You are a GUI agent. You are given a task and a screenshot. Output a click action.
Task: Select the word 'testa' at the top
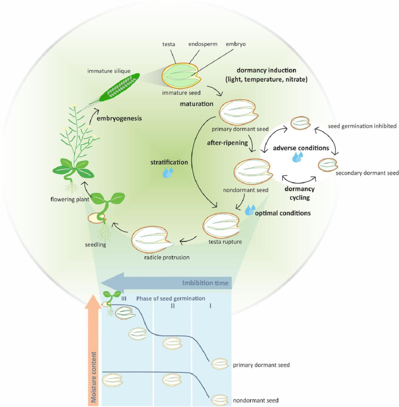(x=168, y=44)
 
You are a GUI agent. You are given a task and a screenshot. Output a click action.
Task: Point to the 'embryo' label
(x=236, y=44)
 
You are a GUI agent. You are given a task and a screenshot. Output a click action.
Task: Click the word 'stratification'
(x=169, y=162)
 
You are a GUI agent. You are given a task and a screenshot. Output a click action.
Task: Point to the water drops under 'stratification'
(x=168, y=173)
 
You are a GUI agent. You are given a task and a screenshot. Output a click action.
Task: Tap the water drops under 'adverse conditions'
(x=298, y=157)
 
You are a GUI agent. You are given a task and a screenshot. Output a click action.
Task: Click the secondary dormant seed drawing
(x=328, y=165)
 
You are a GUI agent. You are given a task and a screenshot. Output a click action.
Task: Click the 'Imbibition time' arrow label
(x=206, y=283)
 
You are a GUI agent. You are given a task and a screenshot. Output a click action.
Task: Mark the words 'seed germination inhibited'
(x=362, y=126)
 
